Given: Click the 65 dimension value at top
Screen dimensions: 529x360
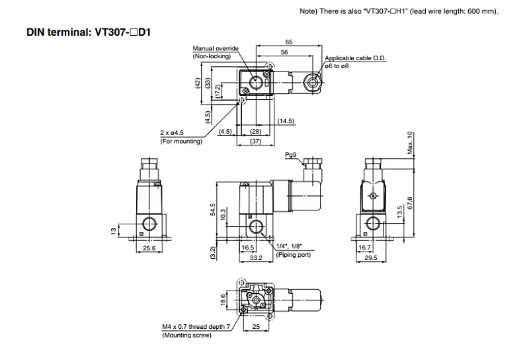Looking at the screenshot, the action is [x=289, y=42].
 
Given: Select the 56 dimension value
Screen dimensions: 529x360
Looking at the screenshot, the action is [x=284, y=52].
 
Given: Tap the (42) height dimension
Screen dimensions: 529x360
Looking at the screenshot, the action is [x=198, y=83].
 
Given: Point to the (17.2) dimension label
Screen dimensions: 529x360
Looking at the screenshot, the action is [x=218, y=91].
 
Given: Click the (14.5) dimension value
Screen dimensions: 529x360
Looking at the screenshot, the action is [x=286, y=121].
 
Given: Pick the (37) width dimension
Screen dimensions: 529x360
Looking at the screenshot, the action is [x=256, y=141].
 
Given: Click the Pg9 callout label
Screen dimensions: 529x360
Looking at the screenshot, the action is [x=290, y=155].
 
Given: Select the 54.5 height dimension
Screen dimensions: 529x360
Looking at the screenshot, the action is [x=212, y=209].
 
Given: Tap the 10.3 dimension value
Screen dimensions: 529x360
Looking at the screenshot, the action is [x=223, y=215].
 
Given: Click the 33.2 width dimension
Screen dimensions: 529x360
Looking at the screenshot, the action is [x=256, y=257].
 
